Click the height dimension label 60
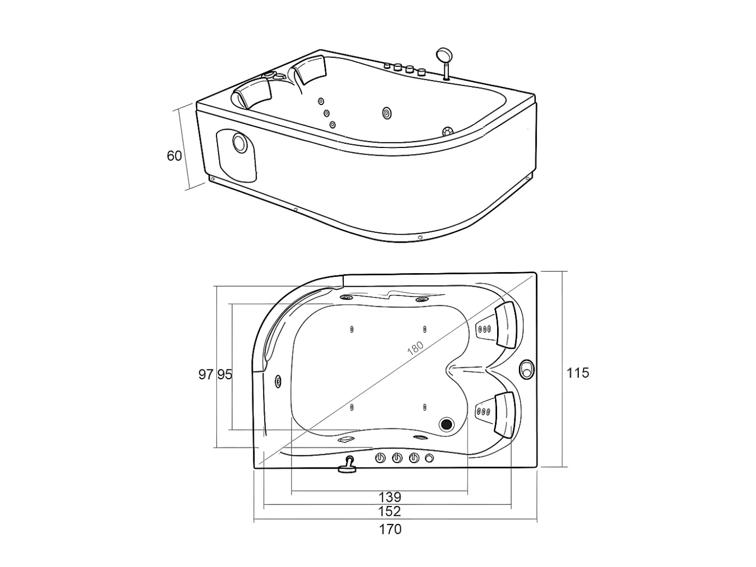click(174, 156)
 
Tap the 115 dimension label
click(578, 372)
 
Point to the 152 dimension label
click(389, 511)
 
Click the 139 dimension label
click(390, 497)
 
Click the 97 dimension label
click(206, 375)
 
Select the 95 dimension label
click(225, 375)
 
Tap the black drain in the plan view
click(447, 424)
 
